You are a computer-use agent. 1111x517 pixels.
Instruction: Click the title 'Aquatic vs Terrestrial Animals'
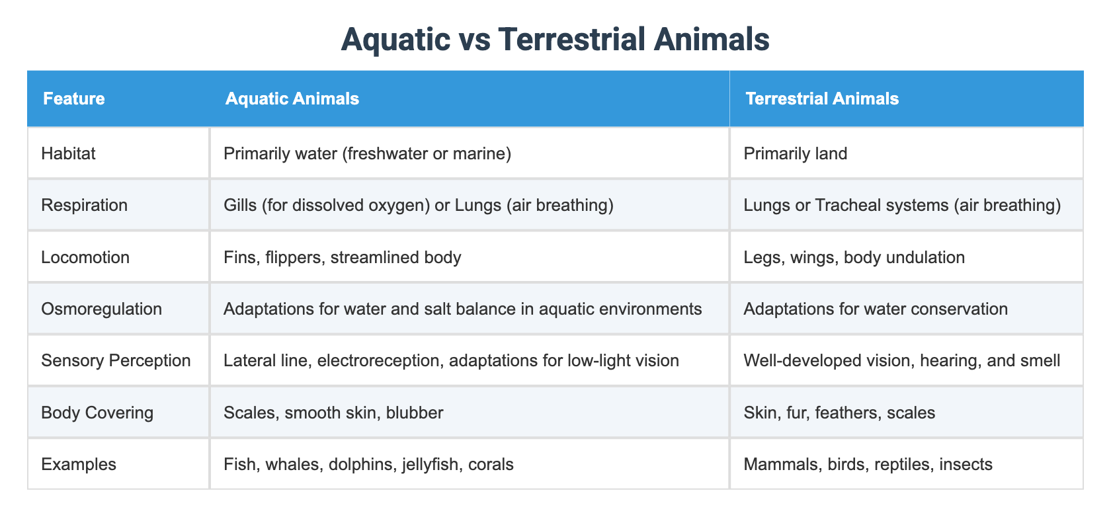coord(555,40)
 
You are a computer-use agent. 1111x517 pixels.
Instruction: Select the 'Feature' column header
coord(74,99)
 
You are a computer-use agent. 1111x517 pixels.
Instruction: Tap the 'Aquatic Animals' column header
coord(292,99)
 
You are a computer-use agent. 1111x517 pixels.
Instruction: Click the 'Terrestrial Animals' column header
coord(822,99)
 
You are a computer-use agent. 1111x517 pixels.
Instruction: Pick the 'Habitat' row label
coord(68,153)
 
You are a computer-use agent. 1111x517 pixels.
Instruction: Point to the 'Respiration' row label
coord(84,205)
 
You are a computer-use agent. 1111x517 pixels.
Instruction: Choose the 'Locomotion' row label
coord(85,257)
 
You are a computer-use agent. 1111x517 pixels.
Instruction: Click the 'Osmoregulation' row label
coord(101,309)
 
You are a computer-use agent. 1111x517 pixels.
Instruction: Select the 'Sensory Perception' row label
coord(116,360)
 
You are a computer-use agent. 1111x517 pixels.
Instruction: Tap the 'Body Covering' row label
coord(97,413)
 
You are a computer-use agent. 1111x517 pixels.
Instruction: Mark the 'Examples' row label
coord(79,464)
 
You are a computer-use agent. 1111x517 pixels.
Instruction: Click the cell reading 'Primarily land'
coord(796,153)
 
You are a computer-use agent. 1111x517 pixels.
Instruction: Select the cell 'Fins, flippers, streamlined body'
coord(343,257)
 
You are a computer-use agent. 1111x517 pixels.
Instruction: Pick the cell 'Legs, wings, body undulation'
coord(854,257)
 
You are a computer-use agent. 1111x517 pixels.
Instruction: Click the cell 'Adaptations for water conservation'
coord(876,309)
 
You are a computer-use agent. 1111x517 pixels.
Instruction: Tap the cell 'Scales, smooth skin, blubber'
coord(333,413)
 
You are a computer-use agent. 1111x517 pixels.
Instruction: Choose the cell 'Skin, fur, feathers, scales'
coord(839,413)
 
